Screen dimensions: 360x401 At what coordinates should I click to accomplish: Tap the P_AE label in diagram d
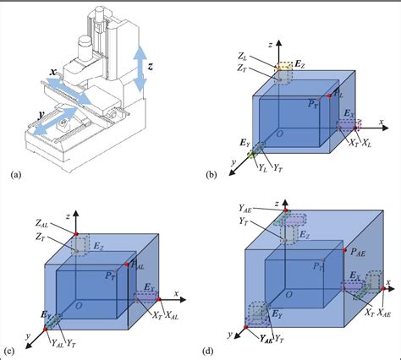(359, 250)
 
